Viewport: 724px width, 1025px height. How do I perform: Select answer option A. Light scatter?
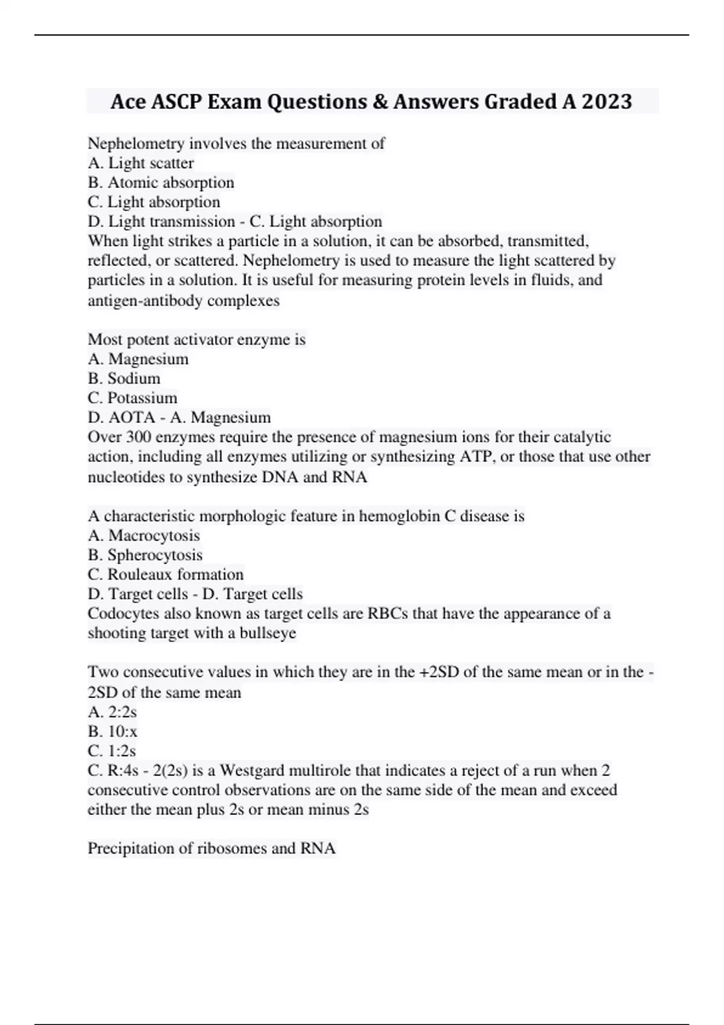[x=141, y=163]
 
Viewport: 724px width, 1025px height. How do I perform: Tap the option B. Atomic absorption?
[x=160, y=183]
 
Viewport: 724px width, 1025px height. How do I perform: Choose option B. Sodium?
[x=124, y=379]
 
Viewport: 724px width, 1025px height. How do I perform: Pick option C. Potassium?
[x=132, y=398]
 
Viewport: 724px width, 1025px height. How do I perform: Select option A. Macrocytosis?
[x=144, y=535]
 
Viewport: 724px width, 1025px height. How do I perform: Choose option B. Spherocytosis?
[x=145, y=555]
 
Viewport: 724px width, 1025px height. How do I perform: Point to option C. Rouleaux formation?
[x=165, y=574]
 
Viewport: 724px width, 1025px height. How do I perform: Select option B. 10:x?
[x=112, y=731]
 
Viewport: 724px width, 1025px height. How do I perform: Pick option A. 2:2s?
[x=112, y=712]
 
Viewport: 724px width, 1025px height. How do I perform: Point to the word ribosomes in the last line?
[x=232, y=848]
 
